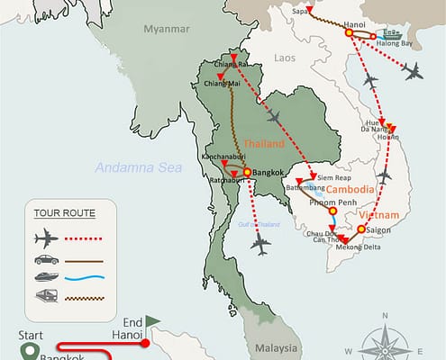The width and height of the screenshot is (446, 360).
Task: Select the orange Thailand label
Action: click(x=265, y=143)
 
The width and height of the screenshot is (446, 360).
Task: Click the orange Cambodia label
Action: click(x=350, y=190)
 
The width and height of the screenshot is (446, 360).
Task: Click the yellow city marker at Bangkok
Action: click(x=247, y=173)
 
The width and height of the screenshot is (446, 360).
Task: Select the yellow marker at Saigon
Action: click(x=362, y=230)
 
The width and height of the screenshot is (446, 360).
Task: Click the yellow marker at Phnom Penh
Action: click(x=332, y=211)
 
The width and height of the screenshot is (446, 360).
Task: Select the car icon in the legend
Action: click(x=44, y=259)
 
